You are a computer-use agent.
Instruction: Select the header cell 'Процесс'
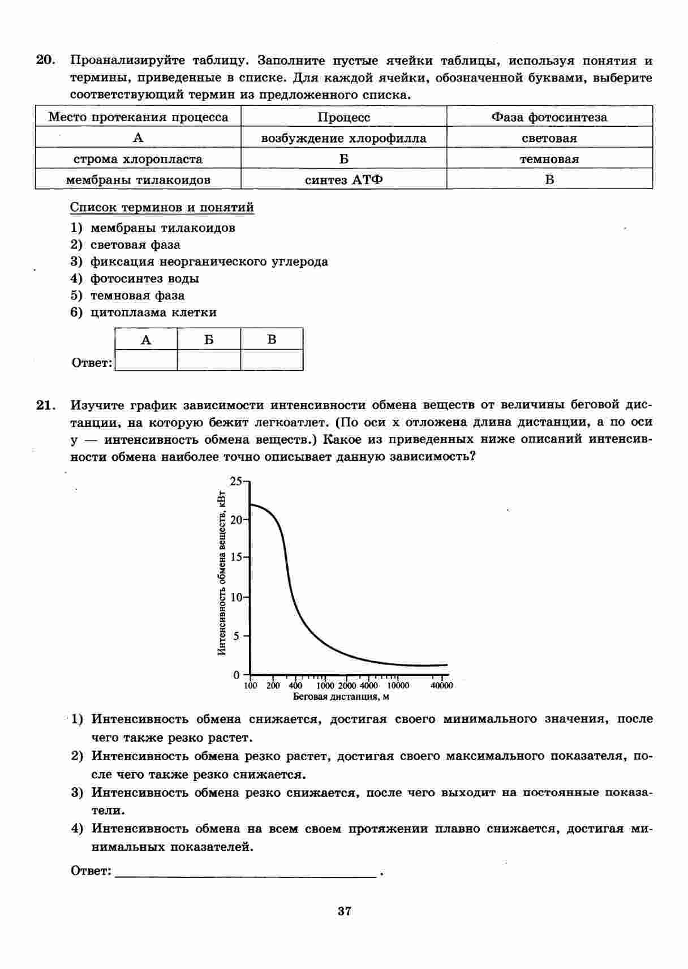pos(344,117)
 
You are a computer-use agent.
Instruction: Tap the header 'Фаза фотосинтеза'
pos(549,117)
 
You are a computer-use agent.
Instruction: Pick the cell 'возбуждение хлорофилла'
pos(344,138)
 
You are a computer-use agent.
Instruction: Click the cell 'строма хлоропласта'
pos(138,159)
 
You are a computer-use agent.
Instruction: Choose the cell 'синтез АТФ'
pos(344,180)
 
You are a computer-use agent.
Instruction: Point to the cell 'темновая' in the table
pos(549,159)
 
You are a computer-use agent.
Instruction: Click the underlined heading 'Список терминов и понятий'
pos(162,207)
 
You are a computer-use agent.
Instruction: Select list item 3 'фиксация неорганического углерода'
pos(209,261)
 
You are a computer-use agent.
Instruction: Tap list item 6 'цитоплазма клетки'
pos(153,312)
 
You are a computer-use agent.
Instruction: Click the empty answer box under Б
pos(209,360)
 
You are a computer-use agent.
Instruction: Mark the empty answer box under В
pos(272,360)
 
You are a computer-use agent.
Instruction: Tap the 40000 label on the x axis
pos(442,686)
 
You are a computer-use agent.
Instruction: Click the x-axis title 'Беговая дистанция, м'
pos(341,697)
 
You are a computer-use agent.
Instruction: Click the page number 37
pos(344,911)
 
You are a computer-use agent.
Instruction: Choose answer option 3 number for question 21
pos(77,792)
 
